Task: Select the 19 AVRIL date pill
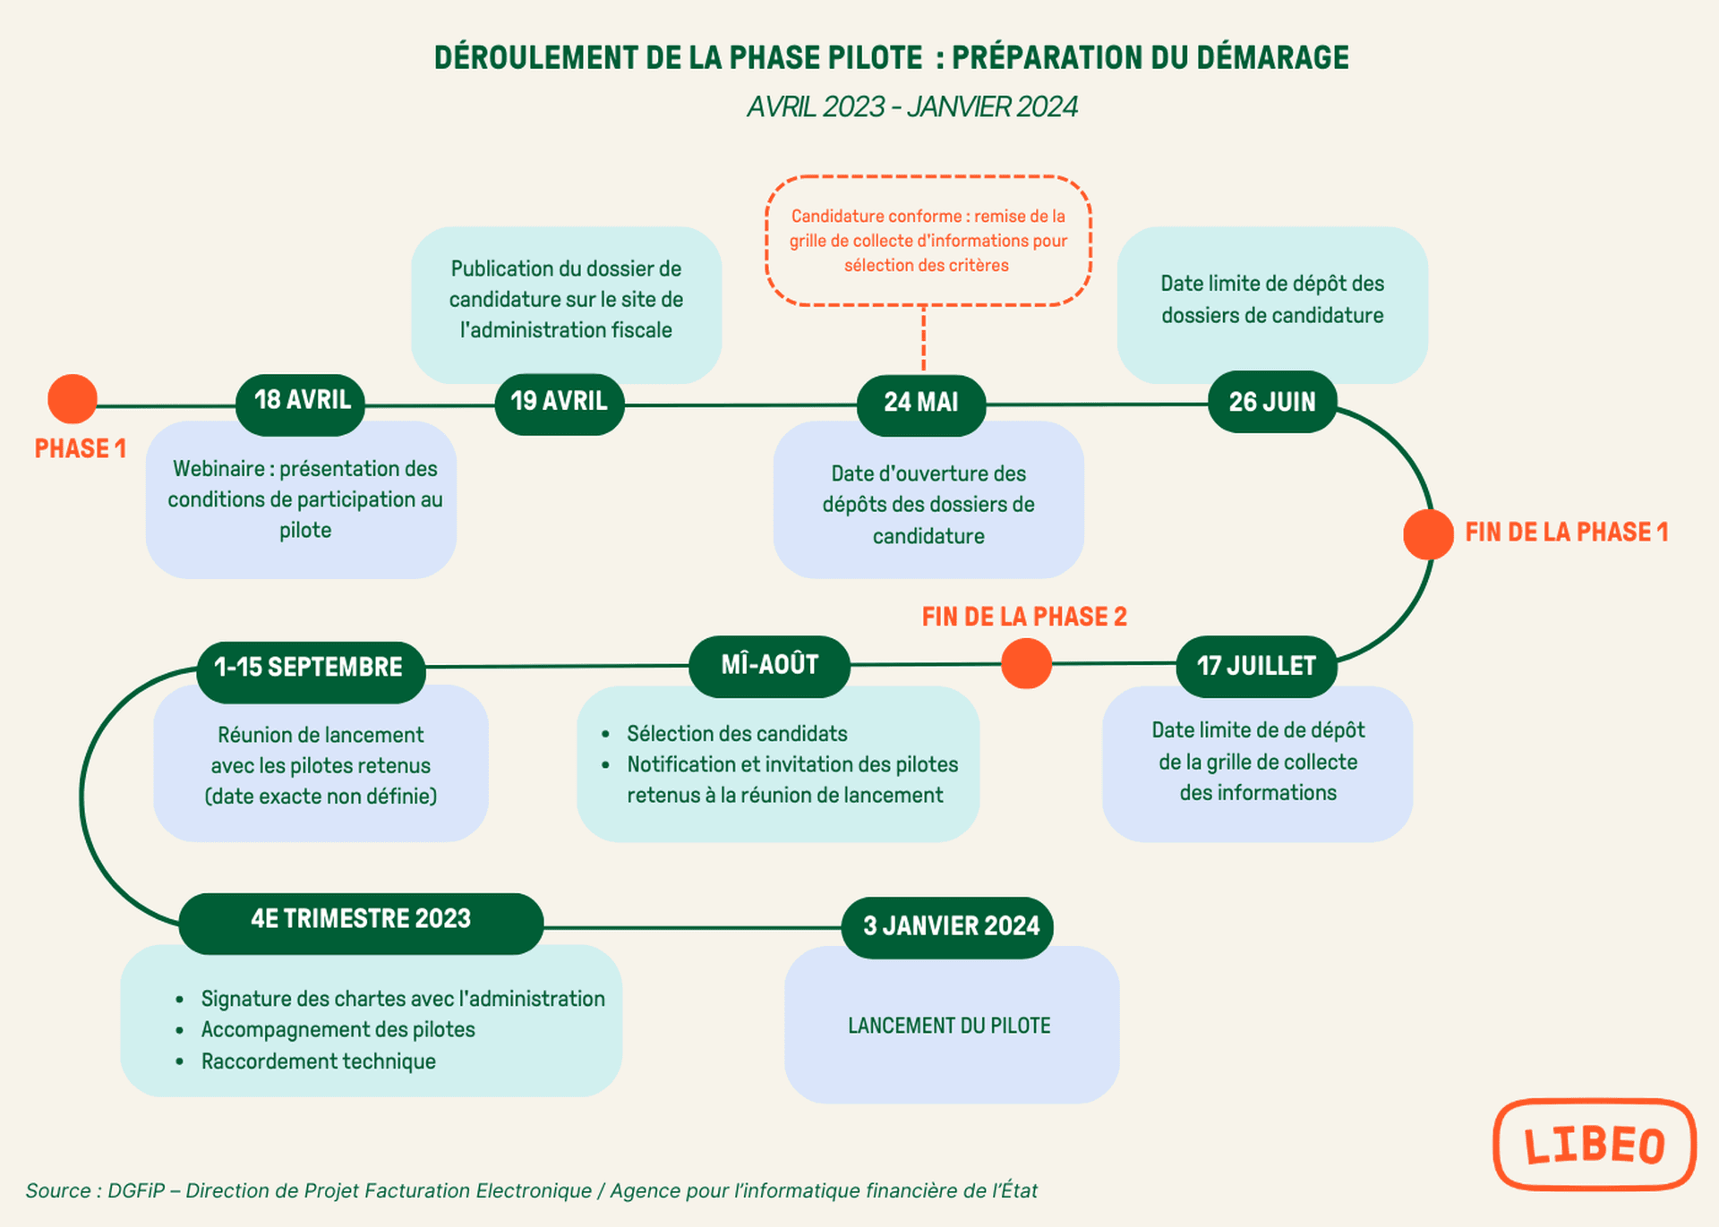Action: pyautogui.click(x=560, y=402)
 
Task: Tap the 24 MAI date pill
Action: pyautogui.click(x=921, y=403)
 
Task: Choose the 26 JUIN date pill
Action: pyautogui.click(x=1271, y=403)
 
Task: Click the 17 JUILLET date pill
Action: pyautogui.click(x=1256, y=667)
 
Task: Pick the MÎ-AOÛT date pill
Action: pyautogui.click(x=769, y=665)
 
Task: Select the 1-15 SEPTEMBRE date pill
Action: pyautogui.click(x=310, y=668)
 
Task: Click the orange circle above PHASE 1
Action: pyautogui.click(x=73, y=399)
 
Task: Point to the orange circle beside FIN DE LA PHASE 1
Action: pyautogui.click(x=1427, y=534)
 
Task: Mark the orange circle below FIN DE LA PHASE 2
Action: pyautogui.click(x=1026, y=664)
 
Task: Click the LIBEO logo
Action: pyautogui.click(x=1595, y=1145)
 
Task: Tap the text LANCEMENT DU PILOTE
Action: pyautogui.click(x=949, y=1026)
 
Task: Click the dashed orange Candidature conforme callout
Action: pyautogui.click(x=928, y=241)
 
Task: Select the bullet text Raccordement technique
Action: pyautogui.click(x=318, y=1061)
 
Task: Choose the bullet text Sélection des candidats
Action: pyautogui.click(x=737, y=734)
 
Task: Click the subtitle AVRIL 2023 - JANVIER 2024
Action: pyautogui.click(x=911, y=107)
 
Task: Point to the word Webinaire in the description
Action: pyautogui.click(x=218, y=469)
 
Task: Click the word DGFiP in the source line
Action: pyautogui.click(x=136, y=1191)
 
